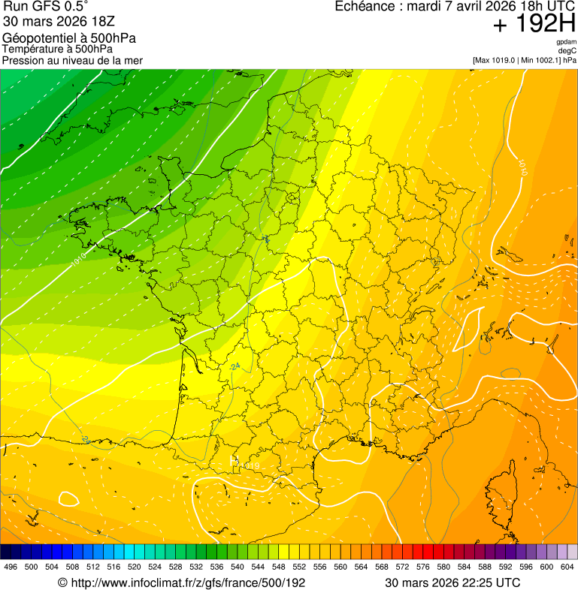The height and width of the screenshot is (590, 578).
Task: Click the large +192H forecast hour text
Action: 534,25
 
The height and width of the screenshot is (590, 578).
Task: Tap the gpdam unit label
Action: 566,42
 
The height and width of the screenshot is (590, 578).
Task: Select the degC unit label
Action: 567,50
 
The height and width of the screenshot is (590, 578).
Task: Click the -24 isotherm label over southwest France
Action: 235,366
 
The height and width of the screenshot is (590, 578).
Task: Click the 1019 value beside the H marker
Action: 248,466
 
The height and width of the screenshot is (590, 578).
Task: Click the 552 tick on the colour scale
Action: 299,567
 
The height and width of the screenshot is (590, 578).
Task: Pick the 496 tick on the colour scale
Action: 11,567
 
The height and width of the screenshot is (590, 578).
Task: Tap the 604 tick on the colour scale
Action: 567,567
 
